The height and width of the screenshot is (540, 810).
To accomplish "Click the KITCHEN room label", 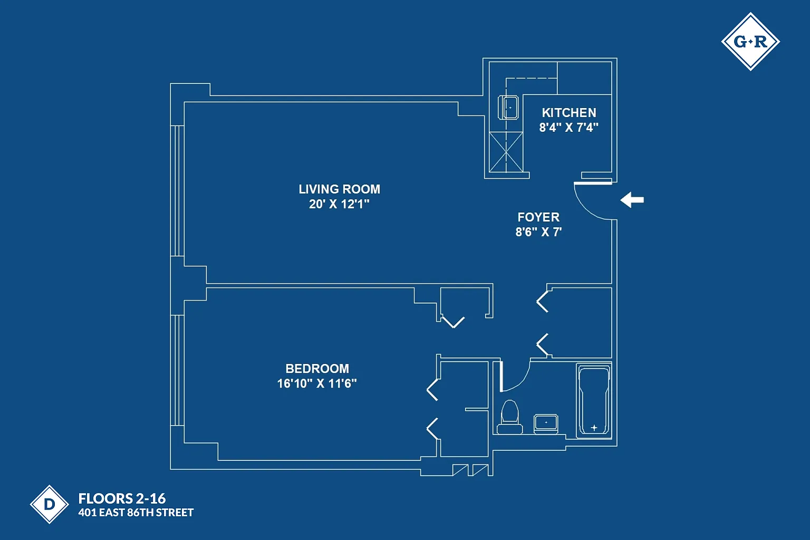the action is [x=569, y=112].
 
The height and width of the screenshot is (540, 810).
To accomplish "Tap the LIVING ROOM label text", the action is [x=339, y=189].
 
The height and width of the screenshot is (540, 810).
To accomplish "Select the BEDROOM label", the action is [x=317, y=368].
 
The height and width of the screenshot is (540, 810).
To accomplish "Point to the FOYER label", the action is [x=538, y=217].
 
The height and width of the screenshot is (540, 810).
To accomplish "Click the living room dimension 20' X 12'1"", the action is [x=339, y=204].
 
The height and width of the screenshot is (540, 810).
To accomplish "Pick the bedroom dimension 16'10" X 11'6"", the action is [x=317, y=383].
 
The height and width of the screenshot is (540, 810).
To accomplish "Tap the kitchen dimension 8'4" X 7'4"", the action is [x=568, y=127].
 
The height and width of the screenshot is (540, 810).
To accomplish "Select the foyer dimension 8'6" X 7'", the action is [x=538, y=232].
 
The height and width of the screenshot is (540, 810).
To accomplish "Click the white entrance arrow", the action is [x=632, y=200].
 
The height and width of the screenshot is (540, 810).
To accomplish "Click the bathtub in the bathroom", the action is [x=594, y=400].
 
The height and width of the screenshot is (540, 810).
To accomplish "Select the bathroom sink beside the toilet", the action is [x=546, y=423].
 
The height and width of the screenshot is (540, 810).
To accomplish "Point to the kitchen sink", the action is [x=508, y=107].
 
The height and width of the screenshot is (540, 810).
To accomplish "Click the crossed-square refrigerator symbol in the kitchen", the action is [x=506, y=152].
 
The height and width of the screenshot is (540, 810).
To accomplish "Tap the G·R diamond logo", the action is [x=750, y=42].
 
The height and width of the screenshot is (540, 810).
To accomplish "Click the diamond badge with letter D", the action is [x=50, y=504].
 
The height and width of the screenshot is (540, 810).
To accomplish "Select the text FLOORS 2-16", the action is [x=122, y=498].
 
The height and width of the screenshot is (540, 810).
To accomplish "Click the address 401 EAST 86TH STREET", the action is [x=136, y=513].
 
